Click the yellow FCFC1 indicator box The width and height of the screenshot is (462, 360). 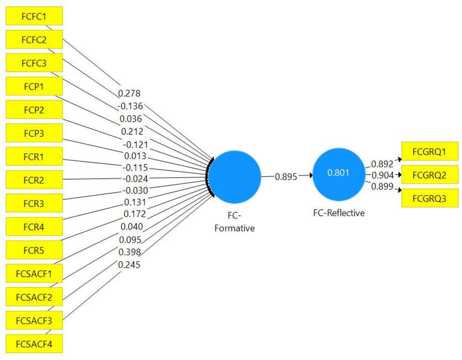[x=34, y=16]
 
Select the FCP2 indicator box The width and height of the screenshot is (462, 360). [x=34, y=110]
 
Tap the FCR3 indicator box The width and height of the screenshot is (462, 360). [x=34, y=203]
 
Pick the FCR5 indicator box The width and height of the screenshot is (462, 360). [x=34, y=250]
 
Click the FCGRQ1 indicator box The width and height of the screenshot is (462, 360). [x=429, y=152]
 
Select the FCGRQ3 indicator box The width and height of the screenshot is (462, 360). [x=429, y=198]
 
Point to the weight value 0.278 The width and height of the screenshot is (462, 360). [x=130, y=94]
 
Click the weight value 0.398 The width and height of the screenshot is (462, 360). [x=130, y=252]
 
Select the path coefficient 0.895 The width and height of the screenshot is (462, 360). [x=286, y=176]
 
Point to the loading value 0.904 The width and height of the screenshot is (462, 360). [x=382, y=175]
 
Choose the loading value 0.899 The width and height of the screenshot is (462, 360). [x=382, y=186]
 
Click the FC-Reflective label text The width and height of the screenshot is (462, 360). [x=338, y=213]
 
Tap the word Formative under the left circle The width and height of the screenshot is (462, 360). [x=234, y=228]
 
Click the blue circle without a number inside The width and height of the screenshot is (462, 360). [x=234, y=177]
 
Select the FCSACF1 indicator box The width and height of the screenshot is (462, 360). [x=34, y=273]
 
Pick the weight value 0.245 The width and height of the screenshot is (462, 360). [x=130, y=264]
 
